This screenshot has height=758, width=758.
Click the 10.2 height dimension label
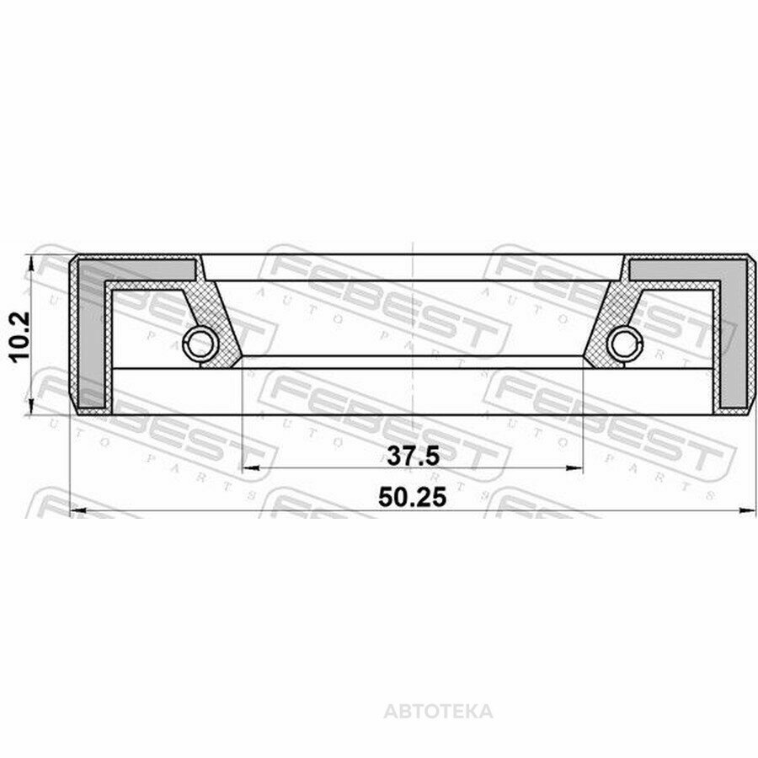[20, 336]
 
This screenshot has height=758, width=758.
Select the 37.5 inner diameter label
[413, 456]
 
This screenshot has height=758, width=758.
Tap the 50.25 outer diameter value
[413, 497]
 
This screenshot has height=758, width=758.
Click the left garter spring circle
[200, 344]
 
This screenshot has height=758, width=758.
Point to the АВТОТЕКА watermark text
[439, 712]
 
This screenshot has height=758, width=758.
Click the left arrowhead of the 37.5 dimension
[250, 468]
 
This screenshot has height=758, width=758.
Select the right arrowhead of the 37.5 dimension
[574, 468]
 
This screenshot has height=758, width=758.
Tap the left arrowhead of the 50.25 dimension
[79, 510]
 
